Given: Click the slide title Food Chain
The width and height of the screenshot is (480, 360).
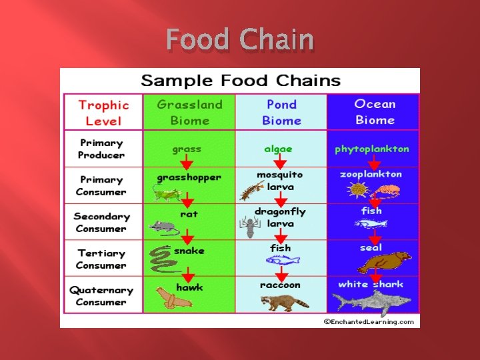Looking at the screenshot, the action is (x=240, y=40).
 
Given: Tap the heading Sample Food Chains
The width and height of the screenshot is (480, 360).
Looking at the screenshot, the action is (x=241, y=81).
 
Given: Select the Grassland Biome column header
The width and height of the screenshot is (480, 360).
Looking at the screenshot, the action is (x=189, y=112).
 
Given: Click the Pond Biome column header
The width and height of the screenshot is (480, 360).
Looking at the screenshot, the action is (x=281, y=112).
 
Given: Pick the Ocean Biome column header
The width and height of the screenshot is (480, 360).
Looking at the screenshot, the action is (x=374, y=112).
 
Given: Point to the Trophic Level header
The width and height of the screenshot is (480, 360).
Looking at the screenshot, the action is (x=103, y=113).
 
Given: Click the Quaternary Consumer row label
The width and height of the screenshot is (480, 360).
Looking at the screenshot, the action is (x=101, y=296).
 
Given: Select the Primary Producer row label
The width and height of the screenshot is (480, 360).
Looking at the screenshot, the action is (x=101, y=149).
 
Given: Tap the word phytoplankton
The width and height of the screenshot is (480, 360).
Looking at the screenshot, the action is (x=372, y=149).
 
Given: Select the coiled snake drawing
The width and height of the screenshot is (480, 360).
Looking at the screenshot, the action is (x=160, y=259).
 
